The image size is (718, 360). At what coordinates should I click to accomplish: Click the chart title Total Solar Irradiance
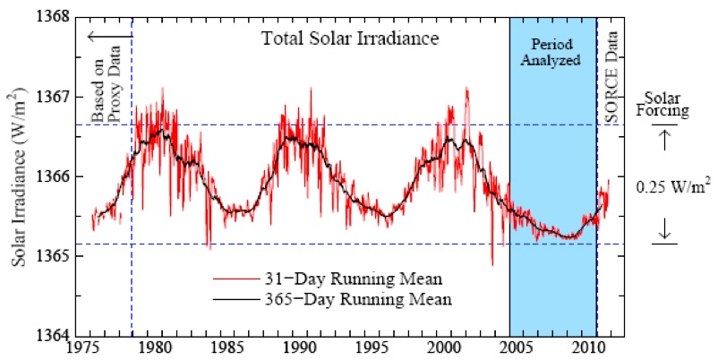pos(339,39)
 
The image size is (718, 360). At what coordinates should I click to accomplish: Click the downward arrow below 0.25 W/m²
pos(663,231)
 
